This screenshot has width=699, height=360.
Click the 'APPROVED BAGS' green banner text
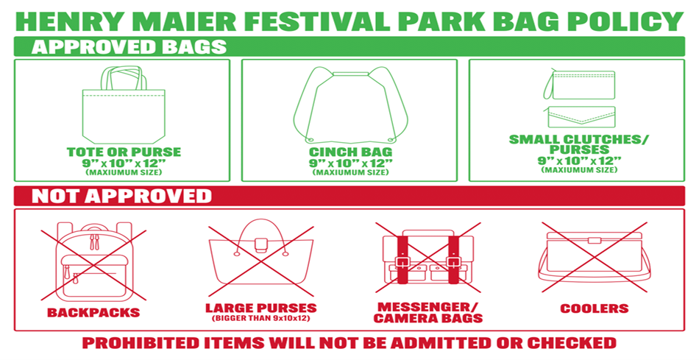pos(129,47)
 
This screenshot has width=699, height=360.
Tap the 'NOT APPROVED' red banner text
pos(121,196)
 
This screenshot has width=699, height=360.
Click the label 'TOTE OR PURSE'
pos(124,152)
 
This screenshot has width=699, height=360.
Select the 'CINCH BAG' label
pos(349,152)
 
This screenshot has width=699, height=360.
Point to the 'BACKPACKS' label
pos(93,312)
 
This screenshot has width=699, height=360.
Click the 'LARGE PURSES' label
pos(260,308)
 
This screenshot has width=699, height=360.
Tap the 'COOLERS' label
pos(594,308)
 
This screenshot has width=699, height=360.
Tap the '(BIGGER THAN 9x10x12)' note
pos(260,319)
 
